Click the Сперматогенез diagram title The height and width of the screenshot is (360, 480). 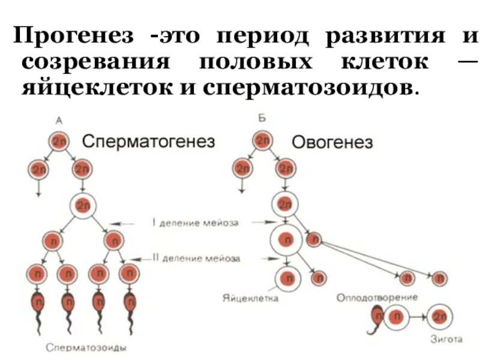pyautogui.click(x=148, y=141)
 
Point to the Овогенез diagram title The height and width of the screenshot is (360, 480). pyautogui.click(x=332, y=142)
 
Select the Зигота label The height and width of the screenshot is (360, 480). pyautogui.click(x=446, y=340)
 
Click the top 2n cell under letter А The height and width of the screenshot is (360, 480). pyautogui.click(x=59, y=141)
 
